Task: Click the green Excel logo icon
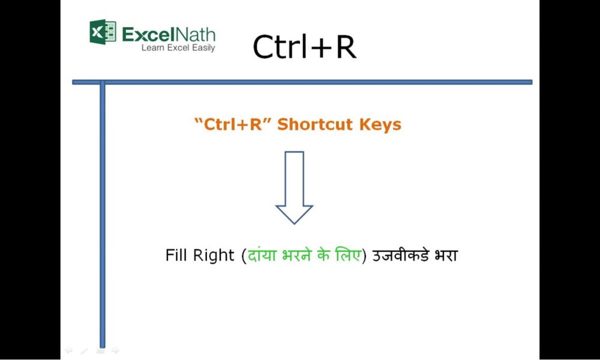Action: (103, 31)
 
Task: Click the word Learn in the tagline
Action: (152, 47)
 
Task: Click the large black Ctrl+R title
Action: (304, 47)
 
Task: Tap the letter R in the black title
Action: (345, 47)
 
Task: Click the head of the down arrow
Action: (294, 214)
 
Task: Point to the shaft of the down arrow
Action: (294, 177)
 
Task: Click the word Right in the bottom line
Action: (214, 255)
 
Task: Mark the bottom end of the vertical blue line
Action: (102, 345)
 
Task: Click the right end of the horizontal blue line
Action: (530, 82)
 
